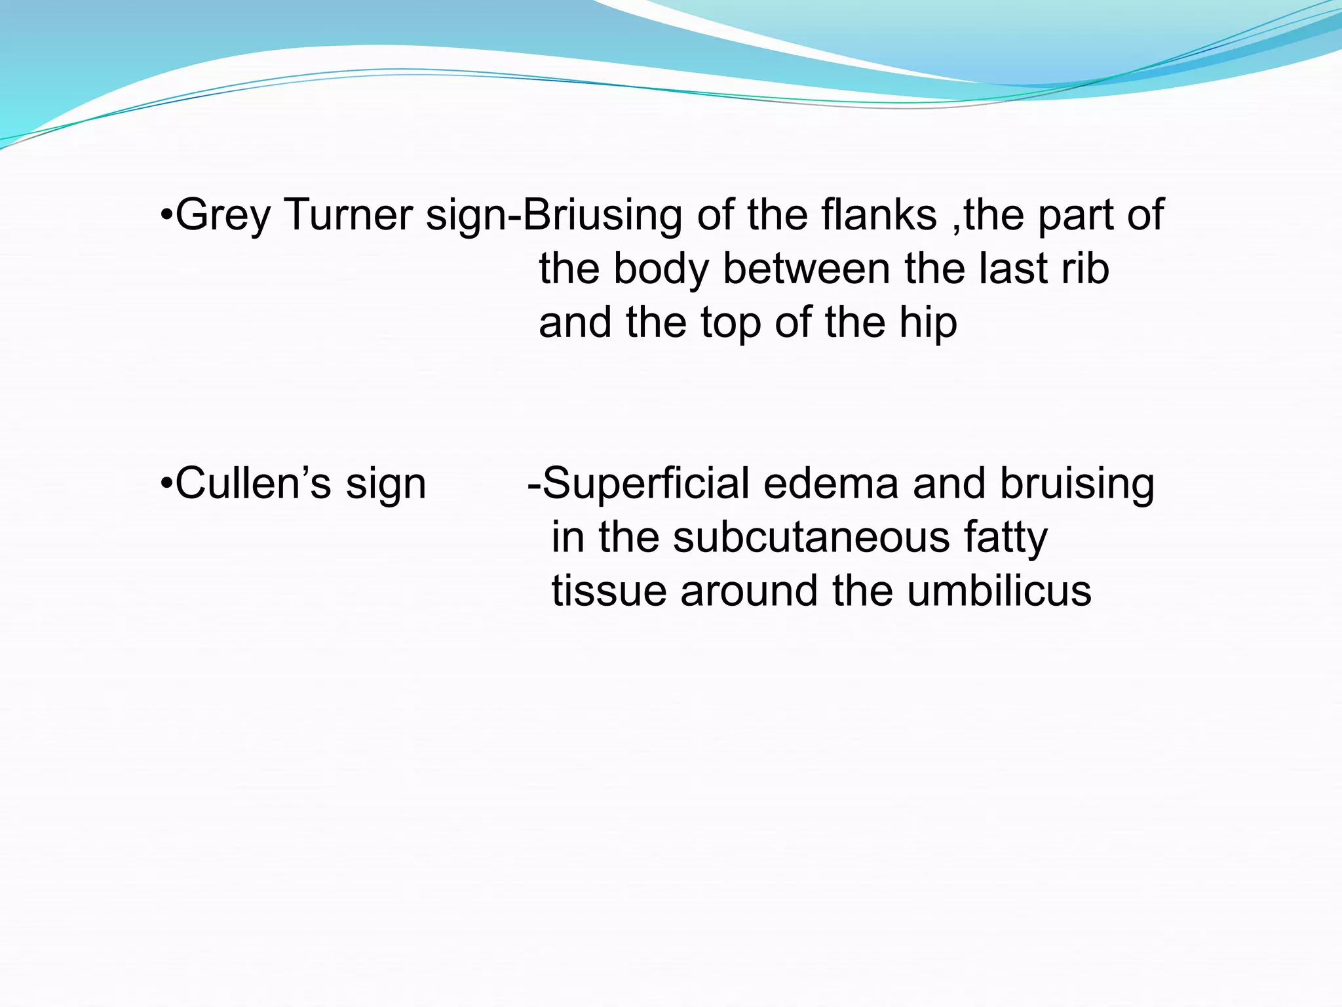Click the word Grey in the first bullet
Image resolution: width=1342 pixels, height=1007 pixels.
tap(223, 216)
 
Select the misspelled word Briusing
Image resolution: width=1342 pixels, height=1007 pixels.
tap(602, 216)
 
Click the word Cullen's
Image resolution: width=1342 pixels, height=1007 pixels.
tap(253, 483)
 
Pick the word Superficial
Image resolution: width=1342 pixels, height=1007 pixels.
tap(646, 483)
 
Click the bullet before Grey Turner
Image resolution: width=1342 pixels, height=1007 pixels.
tap(166, 215)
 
